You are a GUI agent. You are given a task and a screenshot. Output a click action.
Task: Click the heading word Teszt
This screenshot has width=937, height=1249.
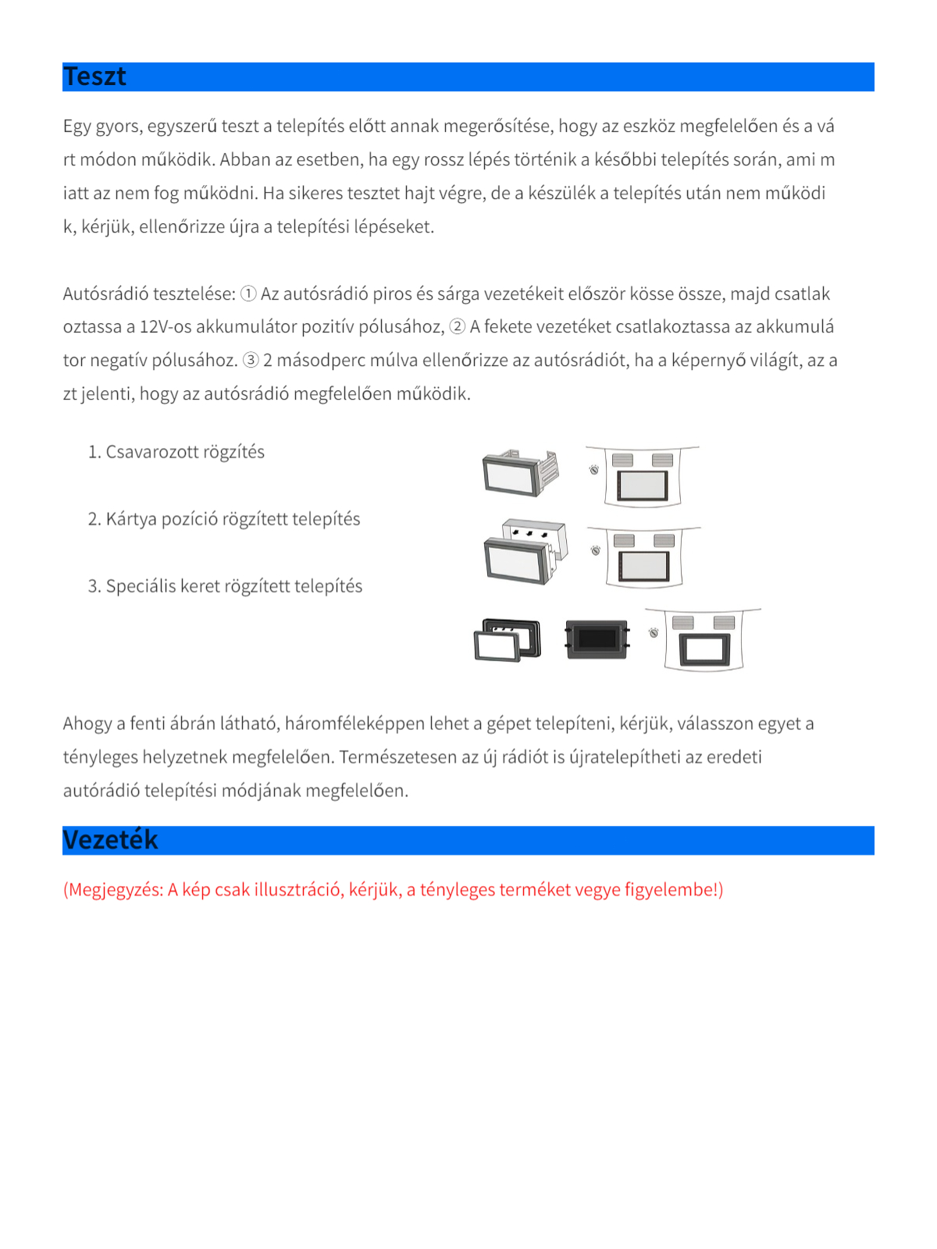[x=94, y=77]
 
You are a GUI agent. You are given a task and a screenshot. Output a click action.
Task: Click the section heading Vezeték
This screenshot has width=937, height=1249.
[x=110, y=840]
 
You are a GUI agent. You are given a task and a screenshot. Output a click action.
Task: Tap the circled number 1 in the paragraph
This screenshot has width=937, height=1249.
[x=248, y=294]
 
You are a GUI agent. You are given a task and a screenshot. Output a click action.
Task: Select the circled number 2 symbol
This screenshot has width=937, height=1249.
[x=458, y=327]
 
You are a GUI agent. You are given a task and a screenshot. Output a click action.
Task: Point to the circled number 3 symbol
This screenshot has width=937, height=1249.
[x=251, y=361]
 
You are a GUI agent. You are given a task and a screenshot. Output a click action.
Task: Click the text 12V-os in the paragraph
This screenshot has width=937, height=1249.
[x=165, y=327]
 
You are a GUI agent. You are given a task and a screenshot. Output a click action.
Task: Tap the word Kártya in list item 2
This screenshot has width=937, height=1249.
[x=131, y=519]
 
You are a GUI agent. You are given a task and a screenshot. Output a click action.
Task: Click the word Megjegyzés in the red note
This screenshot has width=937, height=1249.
[x=115, y=890]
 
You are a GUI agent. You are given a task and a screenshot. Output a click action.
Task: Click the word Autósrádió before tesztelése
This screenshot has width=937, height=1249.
[x=105, y=294]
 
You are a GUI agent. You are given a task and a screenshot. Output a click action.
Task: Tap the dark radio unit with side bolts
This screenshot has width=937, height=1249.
[x=597, y=639]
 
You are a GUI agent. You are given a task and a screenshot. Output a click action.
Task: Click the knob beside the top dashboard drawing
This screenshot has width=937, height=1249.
[x=594, y=470]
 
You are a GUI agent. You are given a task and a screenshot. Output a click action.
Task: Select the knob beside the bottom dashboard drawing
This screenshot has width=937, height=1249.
[x=654, y=632]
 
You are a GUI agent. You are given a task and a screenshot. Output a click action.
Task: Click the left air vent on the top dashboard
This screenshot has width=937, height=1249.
[x=622, y=460]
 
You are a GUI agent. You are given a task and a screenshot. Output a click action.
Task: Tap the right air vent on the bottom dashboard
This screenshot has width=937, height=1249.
[x=724, y=622]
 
